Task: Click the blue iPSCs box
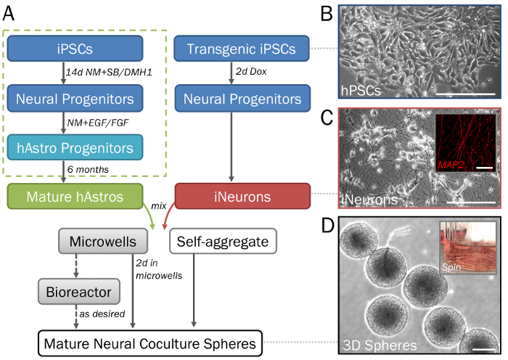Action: click(x=75, y=49)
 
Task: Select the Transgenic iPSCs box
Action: click(x=242, y=49)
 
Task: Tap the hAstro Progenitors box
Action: click(x=75, y=147)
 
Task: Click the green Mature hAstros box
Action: click(x=75, y=197)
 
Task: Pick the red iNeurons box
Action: click(x=242, y=197)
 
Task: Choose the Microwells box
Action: click(x=103, y=241)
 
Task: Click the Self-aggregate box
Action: click(x=223, y=241)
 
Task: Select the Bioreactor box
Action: click(x=79, y=292)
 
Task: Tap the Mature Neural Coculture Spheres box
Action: click(x=150, y=343)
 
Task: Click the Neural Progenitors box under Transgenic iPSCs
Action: click(x=242, y=99)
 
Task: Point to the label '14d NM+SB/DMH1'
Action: click(x=109, y=72)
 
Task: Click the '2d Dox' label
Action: click(x=251, y=71)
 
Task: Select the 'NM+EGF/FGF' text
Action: click(x=98, y=123)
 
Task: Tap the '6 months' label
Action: click(x=88, y=169)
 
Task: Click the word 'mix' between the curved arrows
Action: click(x=159, y=205)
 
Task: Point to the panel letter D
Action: click(x=327, y=225)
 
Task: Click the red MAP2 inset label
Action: click(x=451, y=165)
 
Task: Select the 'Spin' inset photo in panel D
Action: click(x=468, y=248)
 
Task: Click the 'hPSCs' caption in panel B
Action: click(x=361, y=91)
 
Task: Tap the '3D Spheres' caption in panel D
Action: click(x=380, y=345)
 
